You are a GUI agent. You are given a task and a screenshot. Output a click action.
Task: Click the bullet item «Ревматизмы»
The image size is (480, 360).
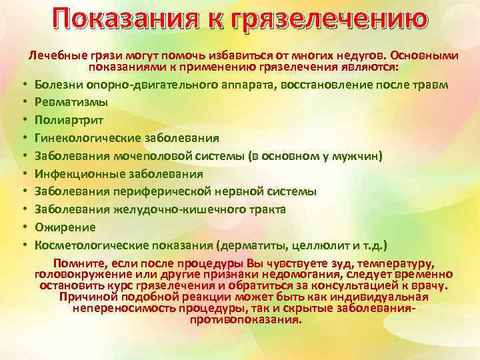pos(71,103)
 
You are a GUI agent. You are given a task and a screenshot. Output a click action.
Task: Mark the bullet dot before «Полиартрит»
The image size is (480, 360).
pos(22,121)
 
